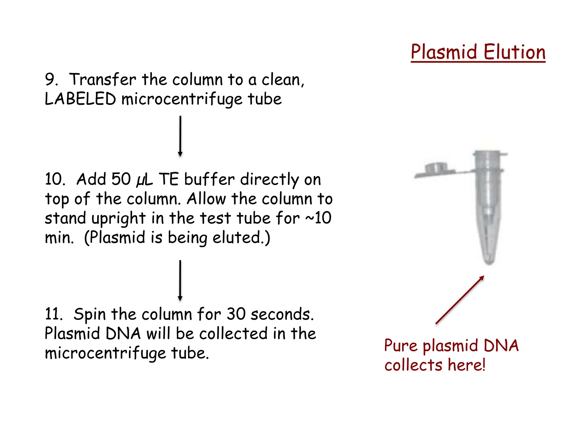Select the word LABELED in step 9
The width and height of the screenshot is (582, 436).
(80, 99)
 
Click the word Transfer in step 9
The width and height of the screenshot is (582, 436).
(103, 79)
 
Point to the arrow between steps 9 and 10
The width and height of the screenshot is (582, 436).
(180, 136)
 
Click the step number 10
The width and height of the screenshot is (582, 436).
(55, 179)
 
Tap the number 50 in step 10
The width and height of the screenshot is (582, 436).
(121, 179)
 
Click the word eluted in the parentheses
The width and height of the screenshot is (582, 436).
(237, 237)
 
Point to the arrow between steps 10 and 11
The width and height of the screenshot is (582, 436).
(180, 280)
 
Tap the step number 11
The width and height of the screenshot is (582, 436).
(53, 314)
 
